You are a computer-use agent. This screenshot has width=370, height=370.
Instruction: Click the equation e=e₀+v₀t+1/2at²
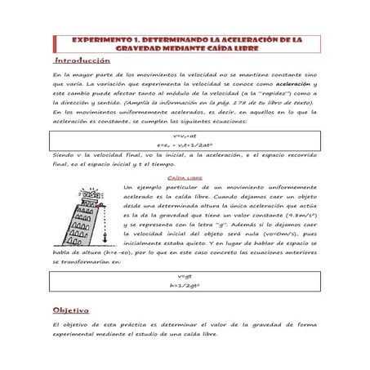coord(185,144)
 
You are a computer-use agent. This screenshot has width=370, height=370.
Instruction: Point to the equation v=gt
coord(185,277)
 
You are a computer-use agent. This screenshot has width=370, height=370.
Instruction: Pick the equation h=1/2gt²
coord(185,287)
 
